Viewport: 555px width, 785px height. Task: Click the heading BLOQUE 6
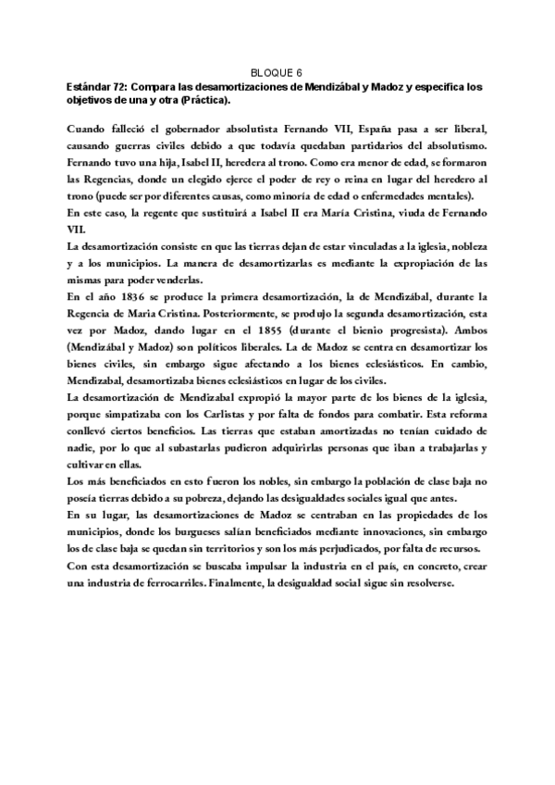[x=277, y=70]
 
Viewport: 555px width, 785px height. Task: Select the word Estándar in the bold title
[x=89, y=86]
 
